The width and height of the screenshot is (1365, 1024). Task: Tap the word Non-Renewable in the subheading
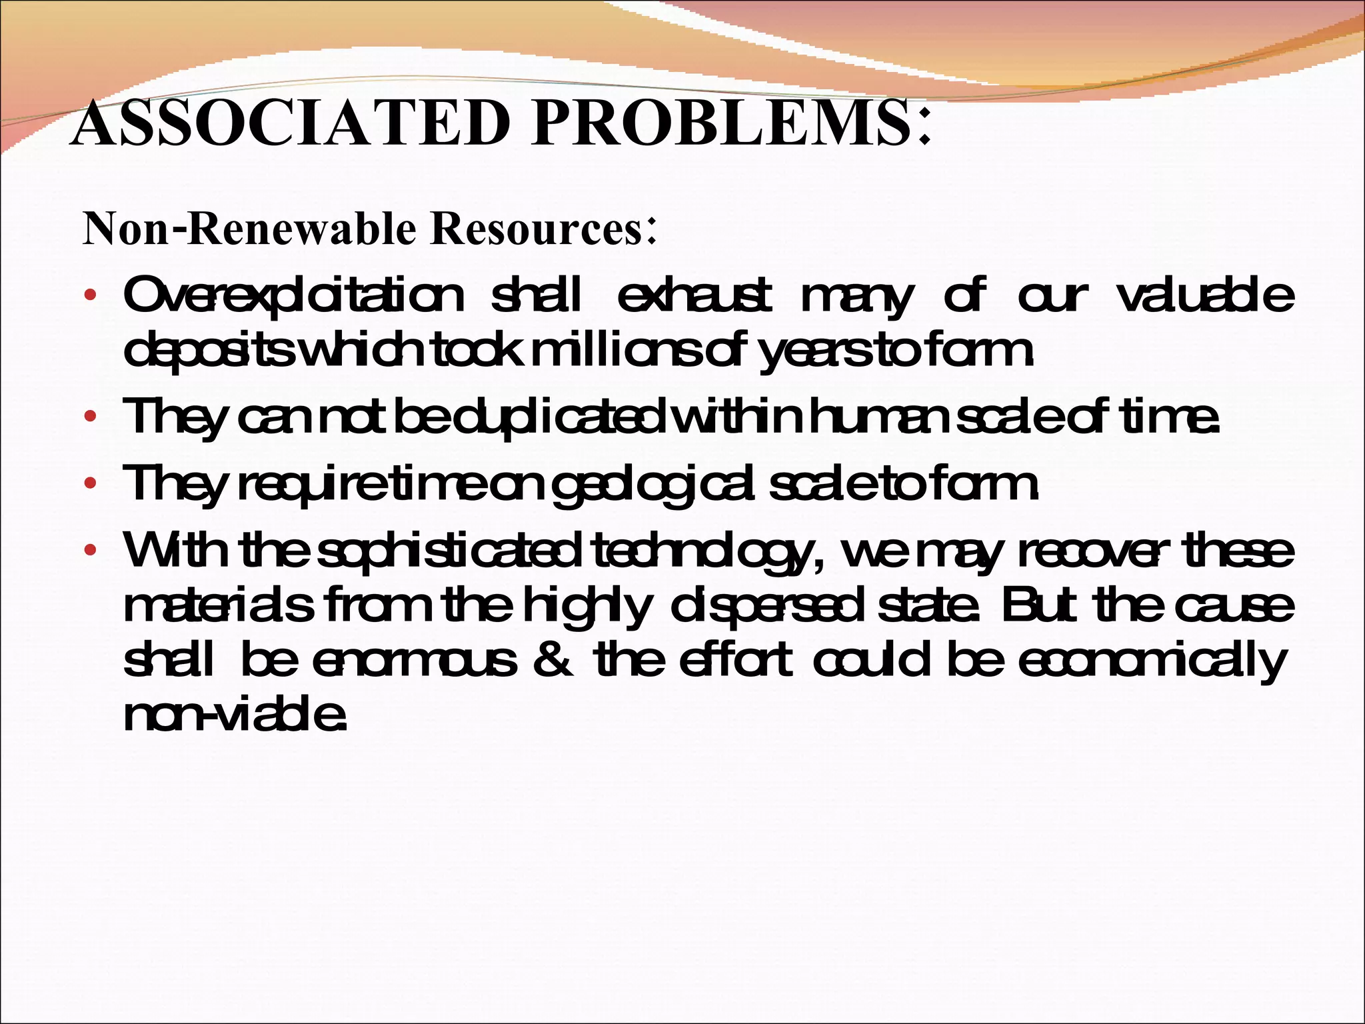249,229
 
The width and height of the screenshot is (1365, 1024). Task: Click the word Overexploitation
294,295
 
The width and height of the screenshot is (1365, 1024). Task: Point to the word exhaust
694,295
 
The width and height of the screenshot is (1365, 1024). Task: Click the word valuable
1205,295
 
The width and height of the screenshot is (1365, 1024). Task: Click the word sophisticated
449,552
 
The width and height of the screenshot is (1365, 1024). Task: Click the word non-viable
235,715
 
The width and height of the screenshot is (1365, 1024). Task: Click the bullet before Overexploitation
91,295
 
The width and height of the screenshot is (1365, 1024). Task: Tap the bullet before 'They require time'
91,485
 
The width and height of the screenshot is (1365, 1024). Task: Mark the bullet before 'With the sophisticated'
91,552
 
